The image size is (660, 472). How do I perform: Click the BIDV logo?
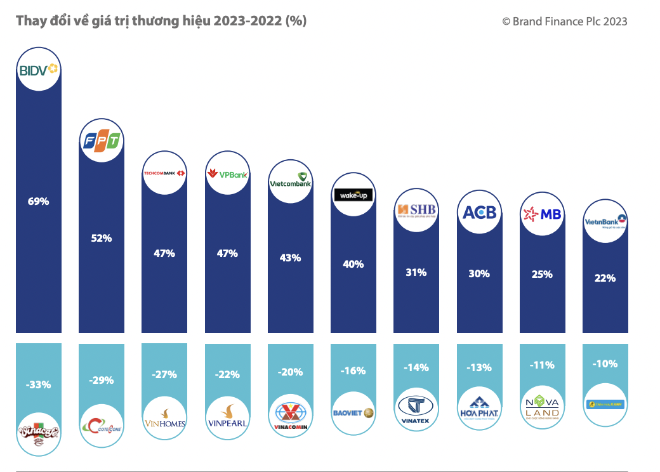click(x=39, y=70)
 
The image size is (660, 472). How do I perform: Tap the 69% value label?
click(x=38, y=202)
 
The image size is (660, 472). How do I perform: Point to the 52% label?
click(x=101, y=239)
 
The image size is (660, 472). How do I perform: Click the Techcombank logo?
click(x=164, y=173)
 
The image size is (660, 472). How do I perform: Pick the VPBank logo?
click(x=228, y=174)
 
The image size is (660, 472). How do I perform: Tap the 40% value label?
click(x=353, y=264)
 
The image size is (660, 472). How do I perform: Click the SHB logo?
click(x=416, y=211)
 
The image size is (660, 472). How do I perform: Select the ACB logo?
click(x=479, y=213)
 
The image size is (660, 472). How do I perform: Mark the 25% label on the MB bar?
click(x=542, y=275)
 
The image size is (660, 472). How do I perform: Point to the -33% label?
click(x=38, y=384)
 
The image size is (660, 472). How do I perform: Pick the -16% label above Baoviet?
click(x=353, y=370)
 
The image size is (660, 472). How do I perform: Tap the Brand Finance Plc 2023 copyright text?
click(x=564, y=22)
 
